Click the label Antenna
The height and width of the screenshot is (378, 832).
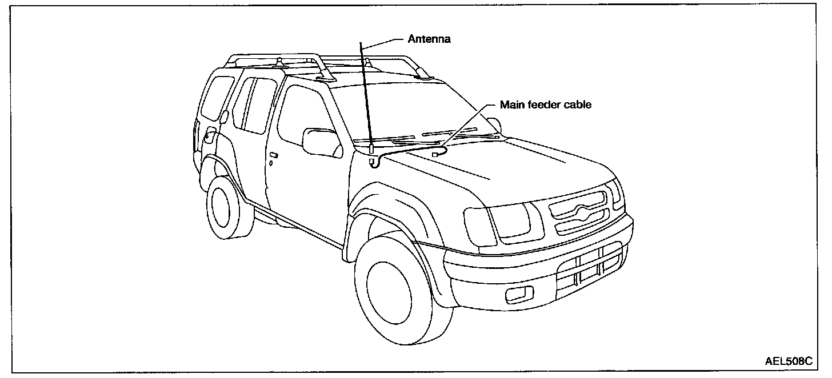click(x=429, y=39)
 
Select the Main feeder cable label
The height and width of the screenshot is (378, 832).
click(x=546, y=104)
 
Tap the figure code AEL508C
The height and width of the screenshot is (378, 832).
click(x=789, y=361)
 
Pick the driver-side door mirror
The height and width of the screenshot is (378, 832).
click(x=319, y=142)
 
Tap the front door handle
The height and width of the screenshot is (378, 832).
click(x=274, y=155)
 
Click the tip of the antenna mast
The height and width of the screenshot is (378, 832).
click(x=361, y=43)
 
